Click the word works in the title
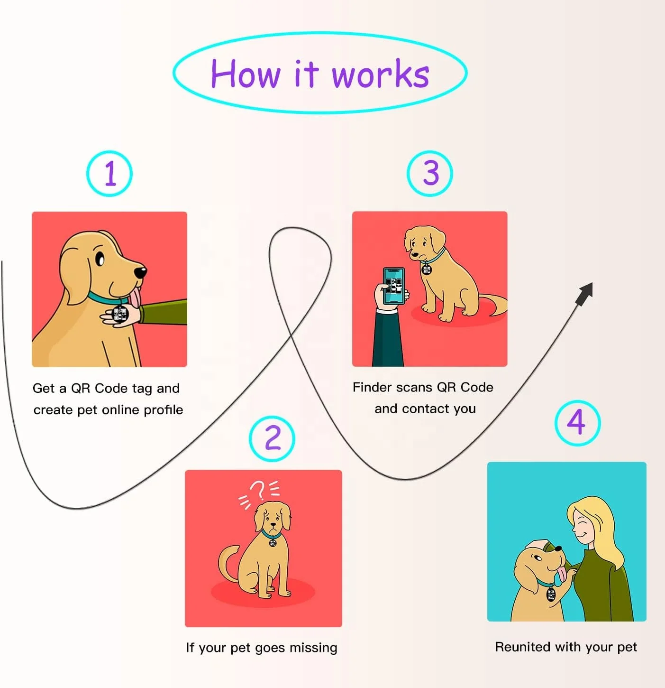pos(381,74)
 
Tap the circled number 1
pos(109,174)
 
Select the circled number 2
pos(272,438)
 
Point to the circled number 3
pos(430,173)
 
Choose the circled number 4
pos(577,422)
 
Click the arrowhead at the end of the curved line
pos(586,292)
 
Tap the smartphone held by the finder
pos(394,286)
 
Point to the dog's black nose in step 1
pos(140,272)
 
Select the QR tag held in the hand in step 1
pos(120,314)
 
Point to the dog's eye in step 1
pos(100,259)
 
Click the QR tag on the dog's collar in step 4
pos(551,594)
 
